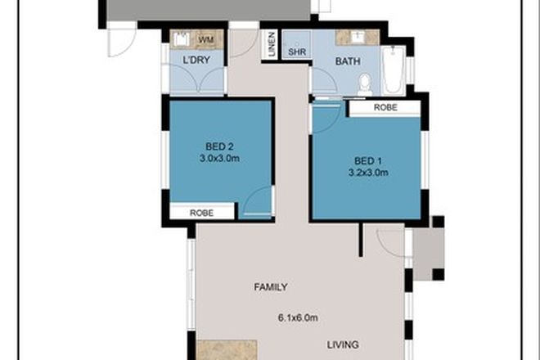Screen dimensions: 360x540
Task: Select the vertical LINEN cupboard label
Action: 271,45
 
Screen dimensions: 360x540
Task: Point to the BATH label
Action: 349,61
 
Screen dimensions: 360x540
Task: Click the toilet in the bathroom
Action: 366,83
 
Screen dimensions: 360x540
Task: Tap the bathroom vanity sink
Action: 360,37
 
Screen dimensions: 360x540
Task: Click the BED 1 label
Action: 369,160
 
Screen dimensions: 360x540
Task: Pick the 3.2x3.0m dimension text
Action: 369,173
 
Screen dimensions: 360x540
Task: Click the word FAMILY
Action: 270,287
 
